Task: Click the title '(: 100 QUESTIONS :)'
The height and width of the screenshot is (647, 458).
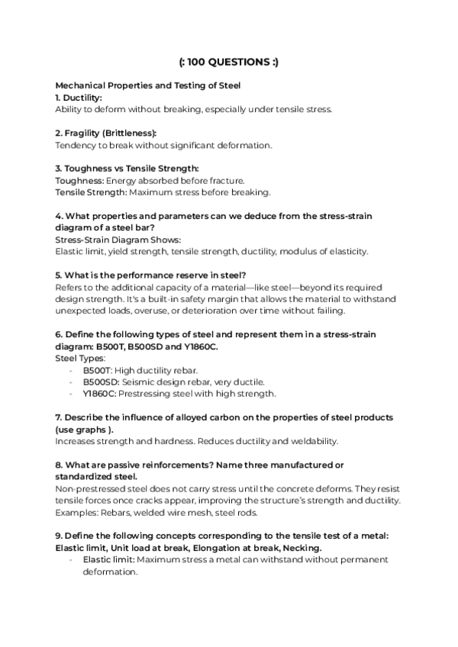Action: pos(228,62)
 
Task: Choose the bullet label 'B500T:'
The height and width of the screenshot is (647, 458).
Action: pos(98,369)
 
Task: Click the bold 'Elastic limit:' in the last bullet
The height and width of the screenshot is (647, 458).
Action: pos(109,559)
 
